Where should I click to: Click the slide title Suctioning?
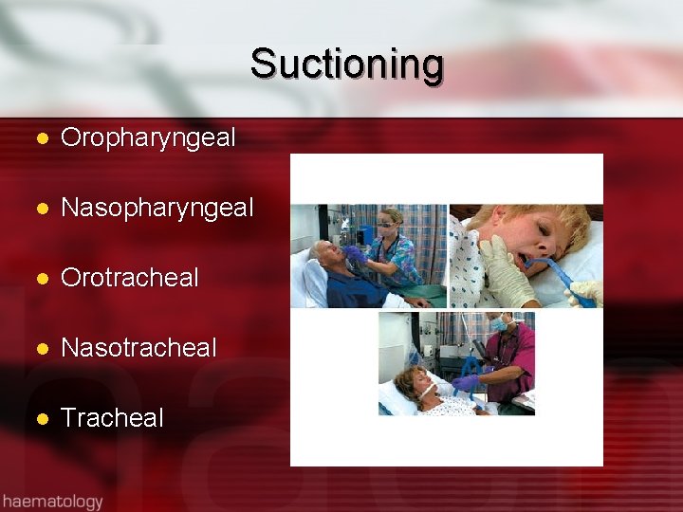pyautogui.click(x=347, y=65)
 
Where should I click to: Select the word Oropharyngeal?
pyautogui.click(x=148, y=137)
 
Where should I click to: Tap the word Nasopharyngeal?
pyautogui.click(x=157, y=208)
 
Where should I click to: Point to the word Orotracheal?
pyautogui.click(x=130, y=278)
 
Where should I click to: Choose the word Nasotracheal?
pyautogui.click(x=138, y=348)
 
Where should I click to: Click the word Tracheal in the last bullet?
pyautogui.click(x=112, y=418)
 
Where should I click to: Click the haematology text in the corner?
pyautogui.click(x=52, y=500)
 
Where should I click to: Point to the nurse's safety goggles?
pyautogui.click(x=388, y=227)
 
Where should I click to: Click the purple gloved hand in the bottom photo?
pyautogui.click(x=466, y=382)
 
